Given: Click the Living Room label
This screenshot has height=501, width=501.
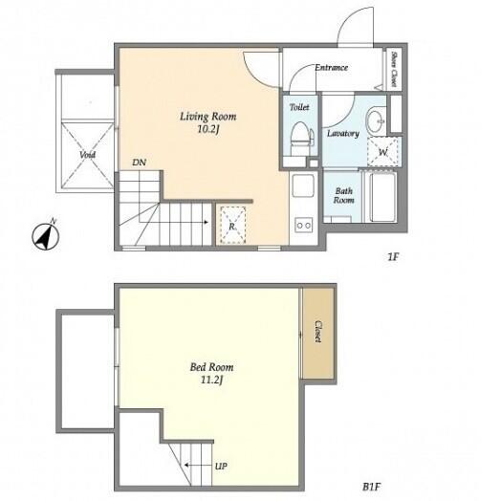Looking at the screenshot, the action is (x=208, y=117).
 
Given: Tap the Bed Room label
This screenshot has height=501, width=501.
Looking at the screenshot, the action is (x=211, y=367).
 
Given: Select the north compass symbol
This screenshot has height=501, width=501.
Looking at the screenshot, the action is (x=46, y=236).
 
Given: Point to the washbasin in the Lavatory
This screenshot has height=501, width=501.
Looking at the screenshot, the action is (x=376, y=120).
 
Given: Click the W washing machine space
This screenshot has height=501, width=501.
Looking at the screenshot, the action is (x=382, y=152).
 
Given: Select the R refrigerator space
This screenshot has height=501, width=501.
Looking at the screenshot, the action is (x=232, y=226).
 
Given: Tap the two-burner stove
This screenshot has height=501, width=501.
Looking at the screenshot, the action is (x=303, y=226).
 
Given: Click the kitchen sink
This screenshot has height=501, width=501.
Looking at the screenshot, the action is (x=303, y=185).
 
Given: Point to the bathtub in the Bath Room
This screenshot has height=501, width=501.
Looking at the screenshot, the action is (x=382, y=197).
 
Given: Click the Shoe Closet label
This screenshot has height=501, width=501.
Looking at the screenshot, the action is (x=394, y=69).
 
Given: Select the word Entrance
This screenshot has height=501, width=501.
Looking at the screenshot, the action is (x=331, y=68).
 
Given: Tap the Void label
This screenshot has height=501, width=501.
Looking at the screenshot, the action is (x=87, y=155).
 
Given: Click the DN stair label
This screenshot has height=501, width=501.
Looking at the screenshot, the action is (x=139, y=163).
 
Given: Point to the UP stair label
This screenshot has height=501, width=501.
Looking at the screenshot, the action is (x=221, y=467).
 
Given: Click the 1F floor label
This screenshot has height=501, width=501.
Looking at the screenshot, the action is (x=393, y=256).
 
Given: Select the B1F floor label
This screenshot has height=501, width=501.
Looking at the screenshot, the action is (x=371, y=487).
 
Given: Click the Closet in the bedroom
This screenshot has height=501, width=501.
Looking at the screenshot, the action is (x=318, y=333).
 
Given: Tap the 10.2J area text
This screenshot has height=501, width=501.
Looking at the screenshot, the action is (x=208, y=129).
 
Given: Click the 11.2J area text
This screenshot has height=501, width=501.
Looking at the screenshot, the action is (x=211, y=381).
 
